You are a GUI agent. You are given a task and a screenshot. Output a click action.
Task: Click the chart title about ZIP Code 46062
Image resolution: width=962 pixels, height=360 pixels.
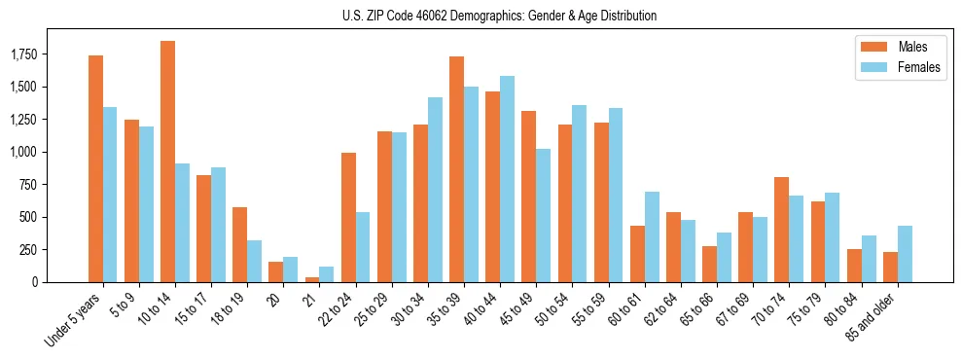click(x=499, y=16)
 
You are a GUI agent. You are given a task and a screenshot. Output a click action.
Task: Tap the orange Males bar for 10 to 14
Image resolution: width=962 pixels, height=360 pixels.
click(x=167, y=162)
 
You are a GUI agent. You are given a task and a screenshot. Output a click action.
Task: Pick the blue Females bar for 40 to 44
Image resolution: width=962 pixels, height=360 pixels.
click(x=507, y=179)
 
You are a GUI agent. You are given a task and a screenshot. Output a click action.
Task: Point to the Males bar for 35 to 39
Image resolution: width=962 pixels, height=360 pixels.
click(x=456, y=169)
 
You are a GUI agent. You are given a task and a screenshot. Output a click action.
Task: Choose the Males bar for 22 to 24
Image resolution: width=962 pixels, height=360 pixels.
click(x=348, y=217)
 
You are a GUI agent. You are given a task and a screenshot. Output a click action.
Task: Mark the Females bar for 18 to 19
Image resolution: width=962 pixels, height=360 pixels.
click(x=254, y=261)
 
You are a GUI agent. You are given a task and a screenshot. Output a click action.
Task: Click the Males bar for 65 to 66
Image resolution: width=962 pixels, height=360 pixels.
click(x=709, y=264)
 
